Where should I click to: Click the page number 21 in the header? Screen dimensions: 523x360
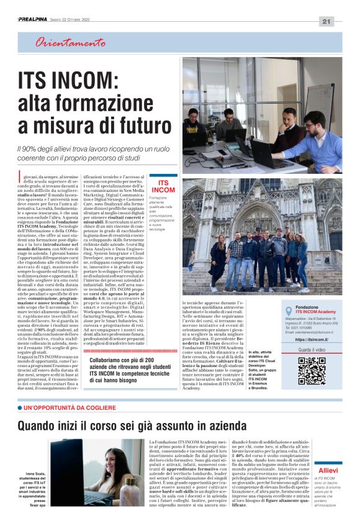pos(326,22)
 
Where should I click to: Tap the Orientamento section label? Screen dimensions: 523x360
pos(70,43)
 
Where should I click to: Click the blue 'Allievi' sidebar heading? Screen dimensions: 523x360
pos(327,470)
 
